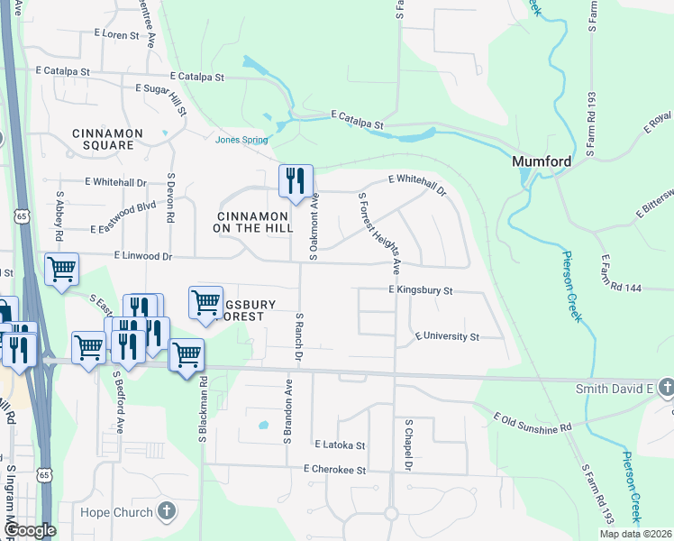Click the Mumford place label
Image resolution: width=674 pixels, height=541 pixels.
[542, 161]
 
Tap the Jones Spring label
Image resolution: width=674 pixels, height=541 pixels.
[241, 139]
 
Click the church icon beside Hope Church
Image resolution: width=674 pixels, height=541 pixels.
[165, 511]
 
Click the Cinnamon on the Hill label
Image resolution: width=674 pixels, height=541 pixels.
[251, 222]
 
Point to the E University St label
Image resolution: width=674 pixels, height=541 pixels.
[447, 336]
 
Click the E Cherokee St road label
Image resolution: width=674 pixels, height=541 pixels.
[335, 470]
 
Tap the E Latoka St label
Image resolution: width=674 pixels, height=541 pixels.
[340, 445]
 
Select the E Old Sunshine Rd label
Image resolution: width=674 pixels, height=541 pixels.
[533, 421]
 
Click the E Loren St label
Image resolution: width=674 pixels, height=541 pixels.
[123, 35]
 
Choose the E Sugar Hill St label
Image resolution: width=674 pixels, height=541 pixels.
[161, 100]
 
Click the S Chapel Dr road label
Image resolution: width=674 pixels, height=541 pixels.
[407, 445]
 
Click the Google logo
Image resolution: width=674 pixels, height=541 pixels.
[30, 531]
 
